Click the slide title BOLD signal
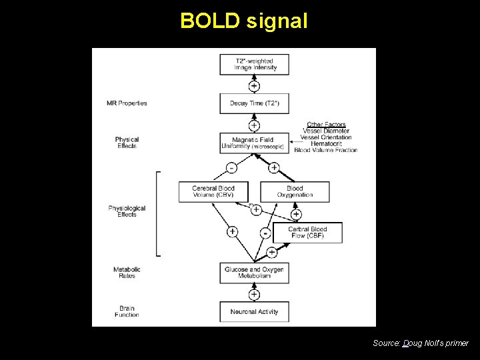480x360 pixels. tap(244, 21)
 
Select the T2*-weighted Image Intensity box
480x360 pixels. tap(254, 65)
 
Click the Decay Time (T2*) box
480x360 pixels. tap(254, 103)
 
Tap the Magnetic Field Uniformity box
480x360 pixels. tap(254, 143)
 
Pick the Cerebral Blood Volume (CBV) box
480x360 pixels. tap(213, 192)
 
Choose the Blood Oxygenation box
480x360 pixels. tap(295, 192)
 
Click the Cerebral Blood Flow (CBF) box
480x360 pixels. tap(307, 233)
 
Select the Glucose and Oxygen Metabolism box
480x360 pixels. tap(254, 273)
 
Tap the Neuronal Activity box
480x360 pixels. tap(254, 311)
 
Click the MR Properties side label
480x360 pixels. tap(127, 103)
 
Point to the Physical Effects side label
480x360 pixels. tap(127, 143)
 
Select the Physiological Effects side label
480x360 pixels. tap(127, 211)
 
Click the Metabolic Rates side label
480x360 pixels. tap(127, 273)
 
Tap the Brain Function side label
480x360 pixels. tap(127, 311)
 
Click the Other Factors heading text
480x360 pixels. tap(326, 125)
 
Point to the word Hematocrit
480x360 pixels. tap(326, 143)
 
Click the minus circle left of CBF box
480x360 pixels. tap(265, 233)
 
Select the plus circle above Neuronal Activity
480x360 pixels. tap(254, 294)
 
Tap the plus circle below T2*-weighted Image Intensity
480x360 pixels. tap(254, 86)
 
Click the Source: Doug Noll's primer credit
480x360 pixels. tap(420, 343)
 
